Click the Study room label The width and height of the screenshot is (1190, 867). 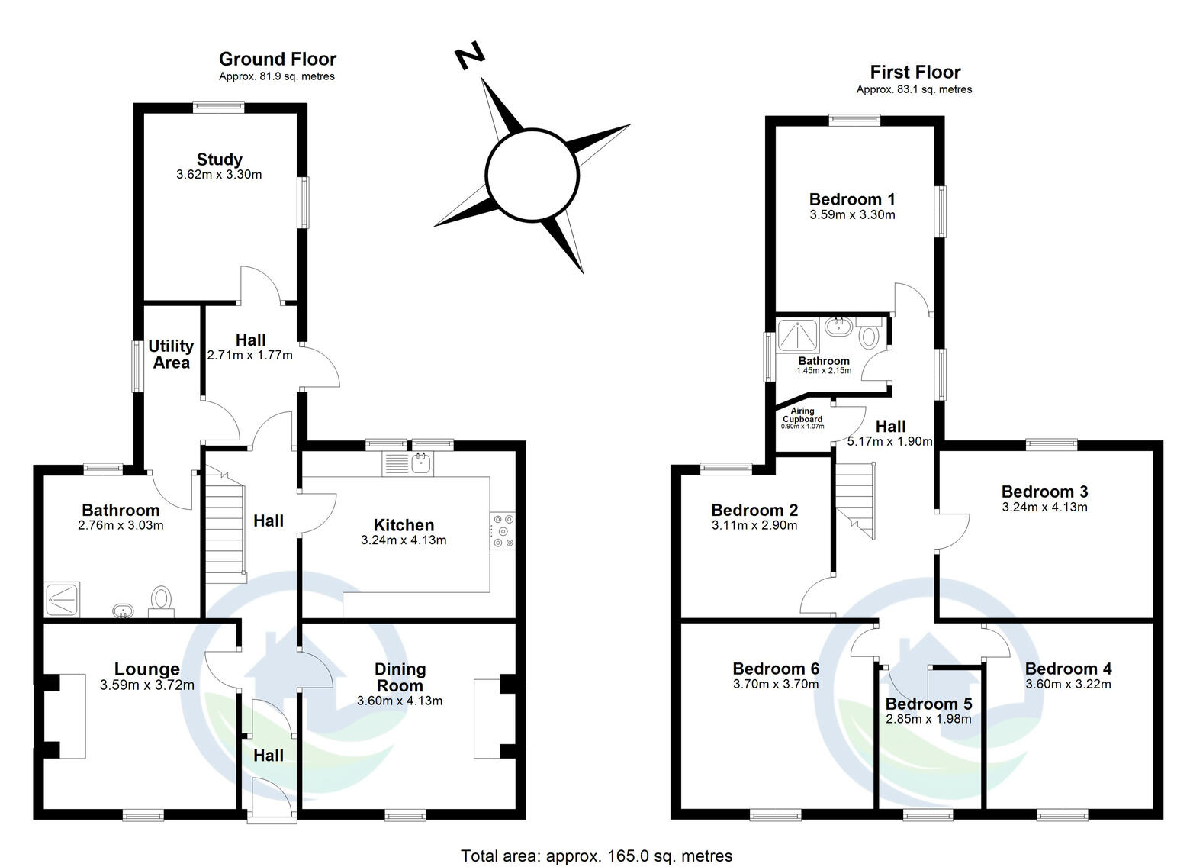coord(220,160)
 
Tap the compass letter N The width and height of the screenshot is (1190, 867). coord(470,55)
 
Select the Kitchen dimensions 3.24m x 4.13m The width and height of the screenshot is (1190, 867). coord(404,540)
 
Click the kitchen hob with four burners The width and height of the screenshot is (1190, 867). coord(503,530)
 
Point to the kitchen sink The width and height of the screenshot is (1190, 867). coord(422,463)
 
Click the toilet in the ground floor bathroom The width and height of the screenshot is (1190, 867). coord(161,601)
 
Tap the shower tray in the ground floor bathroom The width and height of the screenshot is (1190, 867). coord(63,600)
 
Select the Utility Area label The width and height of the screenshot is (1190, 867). coord(171,354)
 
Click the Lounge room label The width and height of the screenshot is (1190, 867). coord(147,669)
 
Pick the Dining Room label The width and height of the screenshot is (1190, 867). coord(400,677)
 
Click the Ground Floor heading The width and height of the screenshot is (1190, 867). coord(278,59)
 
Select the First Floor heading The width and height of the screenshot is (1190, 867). coord(915,72)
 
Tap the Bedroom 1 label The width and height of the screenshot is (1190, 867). coord(852,199)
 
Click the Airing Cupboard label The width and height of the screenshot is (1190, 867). coord(802,414)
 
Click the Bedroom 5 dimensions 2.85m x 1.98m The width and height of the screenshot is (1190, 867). coord(928,719)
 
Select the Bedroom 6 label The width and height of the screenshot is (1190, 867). coord(776,669)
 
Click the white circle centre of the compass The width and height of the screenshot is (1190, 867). coord(532,174)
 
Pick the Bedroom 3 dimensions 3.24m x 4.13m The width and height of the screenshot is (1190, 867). coord(1044,507)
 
